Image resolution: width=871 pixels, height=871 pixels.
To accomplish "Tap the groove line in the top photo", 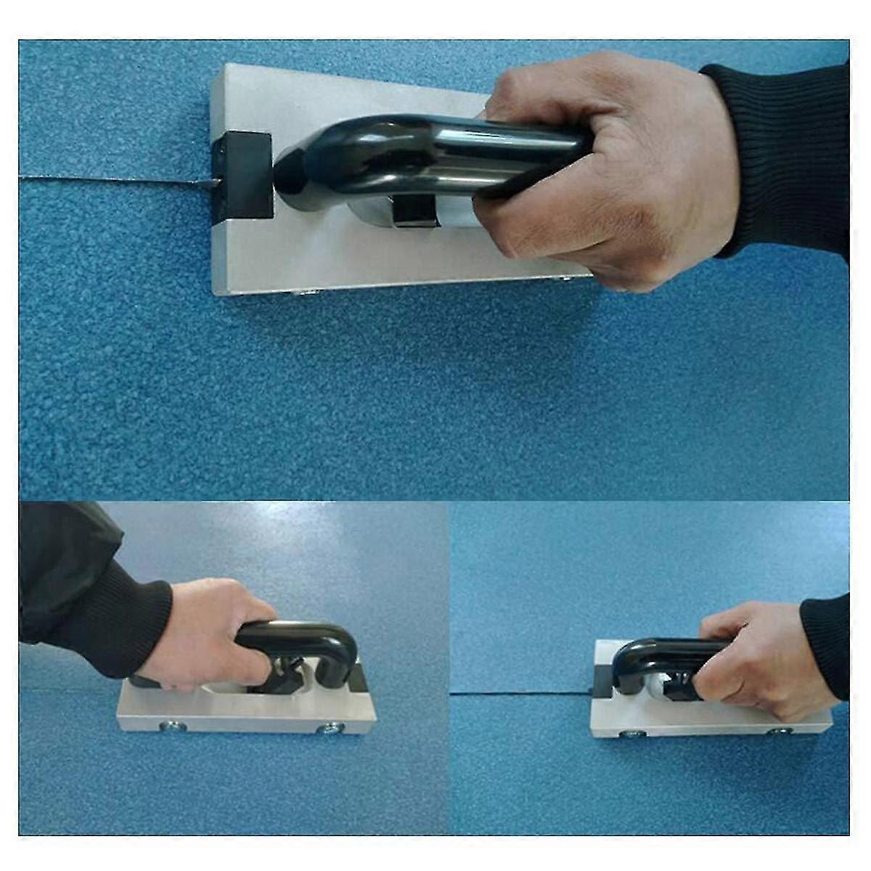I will (109, 180).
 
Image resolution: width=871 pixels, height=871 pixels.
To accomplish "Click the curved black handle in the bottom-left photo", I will (312, 639).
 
